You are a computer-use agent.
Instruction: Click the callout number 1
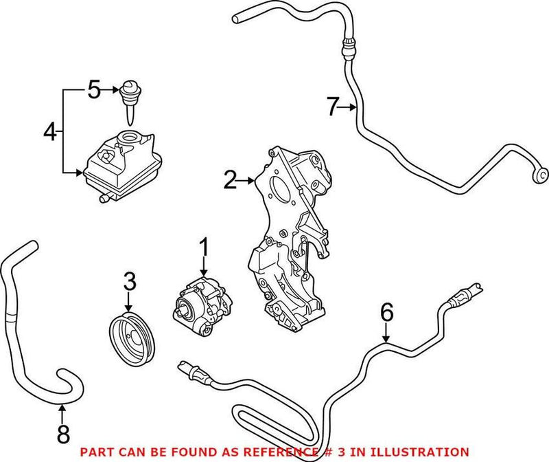[204, 245]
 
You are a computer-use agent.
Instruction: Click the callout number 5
[94, 89]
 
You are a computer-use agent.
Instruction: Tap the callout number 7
[333, 107]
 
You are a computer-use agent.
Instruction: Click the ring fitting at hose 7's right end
[540, 174]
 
